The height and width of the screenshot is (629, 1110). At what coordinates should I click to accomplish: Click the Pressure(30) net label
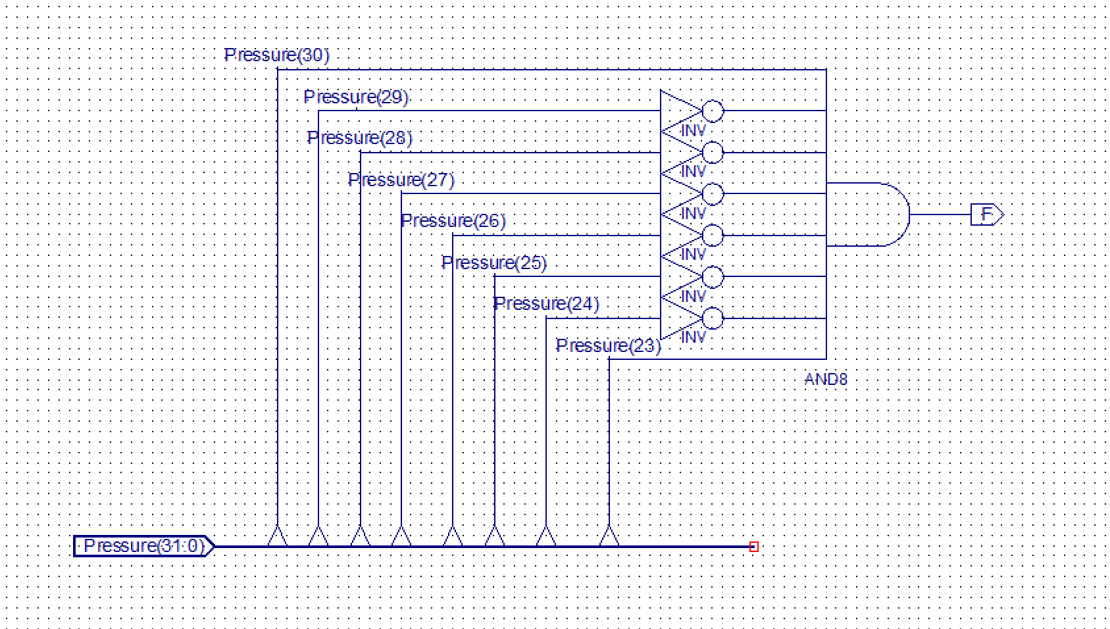[276, 55]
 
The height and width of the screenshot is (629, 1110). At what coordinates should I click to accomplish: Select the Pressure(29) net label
[356, 97]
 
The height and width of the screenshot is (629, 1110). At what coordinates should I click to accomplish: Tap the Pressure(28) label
[360, 138]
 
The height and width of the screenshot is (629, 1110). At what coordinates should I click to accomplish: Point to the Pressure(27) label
[401, 180]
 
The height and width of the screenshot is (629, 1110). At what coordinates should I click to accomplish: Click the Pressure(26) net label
[453, 220]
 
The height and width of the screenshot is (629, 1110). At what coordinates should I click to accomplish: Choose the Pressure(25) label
[494, 263]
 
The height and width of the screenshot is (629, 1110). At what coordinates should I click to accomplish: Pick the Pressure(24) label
[547, 303]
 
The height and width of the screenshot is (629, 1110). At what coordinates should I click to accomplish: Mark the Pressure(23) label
[608, 345]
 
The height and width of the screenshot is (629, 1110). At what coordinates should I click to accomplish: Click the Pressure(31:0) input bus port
[143, 546]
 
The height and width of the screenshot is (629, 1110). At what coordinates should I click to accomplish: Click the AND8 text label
[826, 379]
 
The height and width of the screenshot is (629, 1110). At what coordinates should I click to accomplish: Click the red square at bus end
[754, 547]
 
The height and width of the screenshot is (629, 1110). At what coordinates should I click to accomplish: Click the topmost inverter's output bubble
[713, 111]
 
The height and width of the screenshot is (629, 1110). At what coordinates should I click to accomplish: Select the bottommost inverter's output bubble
[713, 319]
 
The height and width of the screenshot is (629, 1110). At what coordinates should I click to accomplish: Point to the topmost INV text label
[693, 131]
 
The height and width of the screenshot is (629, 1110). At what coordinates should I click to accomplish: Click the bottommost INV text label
[693, 338]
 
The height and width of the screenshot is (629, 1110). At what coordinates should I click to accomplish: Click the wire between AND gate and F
[940, 214]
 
